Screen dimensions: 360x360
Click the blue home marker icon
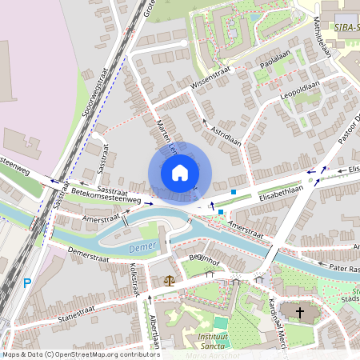point(180,173)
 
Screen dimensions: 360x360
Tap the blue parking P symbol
point(26,282)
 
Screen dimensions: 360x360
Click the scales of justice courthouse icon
point(169,280)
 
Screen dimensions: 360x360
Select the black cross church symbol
point(300,312)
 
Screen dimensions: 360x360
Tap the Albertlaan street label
point(154,330)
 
